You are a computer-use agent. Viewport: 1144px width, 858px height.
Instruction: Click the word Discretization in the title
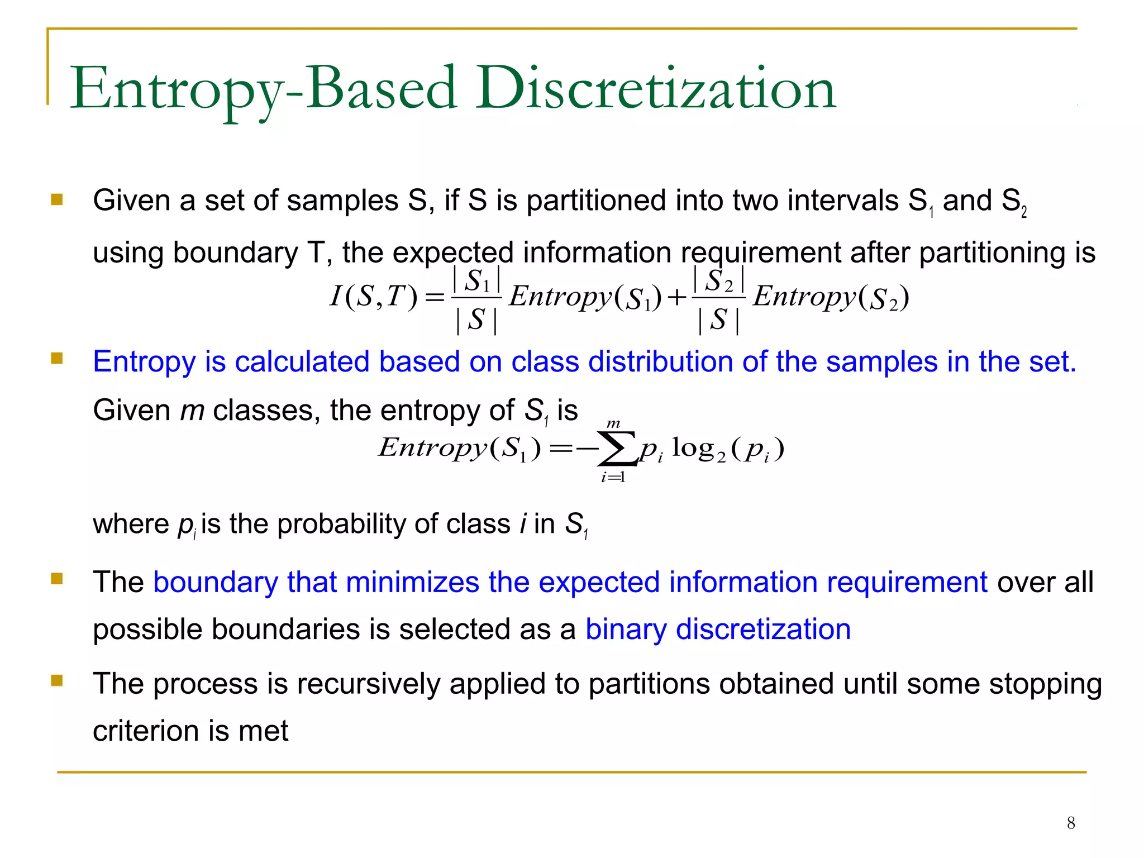pyautogui.click(x=656, y=88)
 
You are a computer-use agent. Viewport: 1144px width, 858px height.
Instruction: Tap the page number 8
pyautogui.click(x=1071, y=823)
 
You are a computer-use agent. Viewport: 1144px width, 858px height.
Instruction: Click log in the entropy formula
pyautogui.click(x=693, y=447)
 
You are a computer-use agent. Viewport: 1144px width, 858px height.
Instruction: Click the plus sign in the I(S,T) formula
pyautogui.click(x=676, y=298)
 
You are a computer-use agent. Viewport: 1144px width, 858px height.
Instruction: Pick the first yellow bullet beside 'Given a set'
pyautogui.click(x=57, y=199)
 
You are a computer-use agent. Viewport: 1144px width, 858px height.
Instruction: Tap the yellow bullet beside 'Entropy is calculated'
pyautogui.click(x=57, y=358)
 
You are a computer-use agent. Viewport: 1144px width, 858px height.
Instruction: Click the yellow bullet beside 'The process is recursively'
pyautogui.click(x=57, y=680)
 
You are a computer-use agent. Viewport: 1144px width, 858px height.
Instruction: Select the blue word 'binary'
pyautogui.click(x=626, y=630)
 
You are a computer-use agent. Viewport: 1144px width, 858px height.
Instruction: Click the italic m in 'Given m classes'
pyautogui.click(x=192, y=411)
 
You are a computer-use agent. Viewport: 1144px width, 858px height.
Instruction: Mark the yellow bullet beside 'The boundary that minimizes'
pyautogui.click(x=57, y=579)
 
